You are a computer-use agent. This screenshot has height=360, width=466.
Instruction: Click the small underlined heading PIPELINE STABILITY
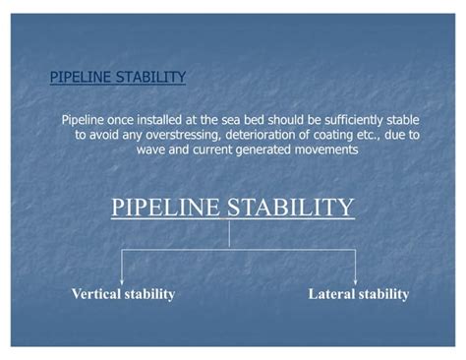click(x=117, y=76)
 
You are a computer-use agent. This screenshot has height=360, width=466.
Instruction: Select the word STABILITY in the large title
click(x=291, y=208)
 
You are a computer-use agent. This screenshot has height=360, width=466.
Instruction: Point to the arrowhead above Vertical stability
click(x=122, y=278)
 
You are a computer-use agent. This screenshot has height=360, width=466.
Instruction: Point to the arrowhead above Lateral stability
click(x=355, y=278)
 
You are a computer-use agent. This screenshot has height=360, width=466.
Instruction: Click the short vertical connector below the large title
click(x=229, y=234)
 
